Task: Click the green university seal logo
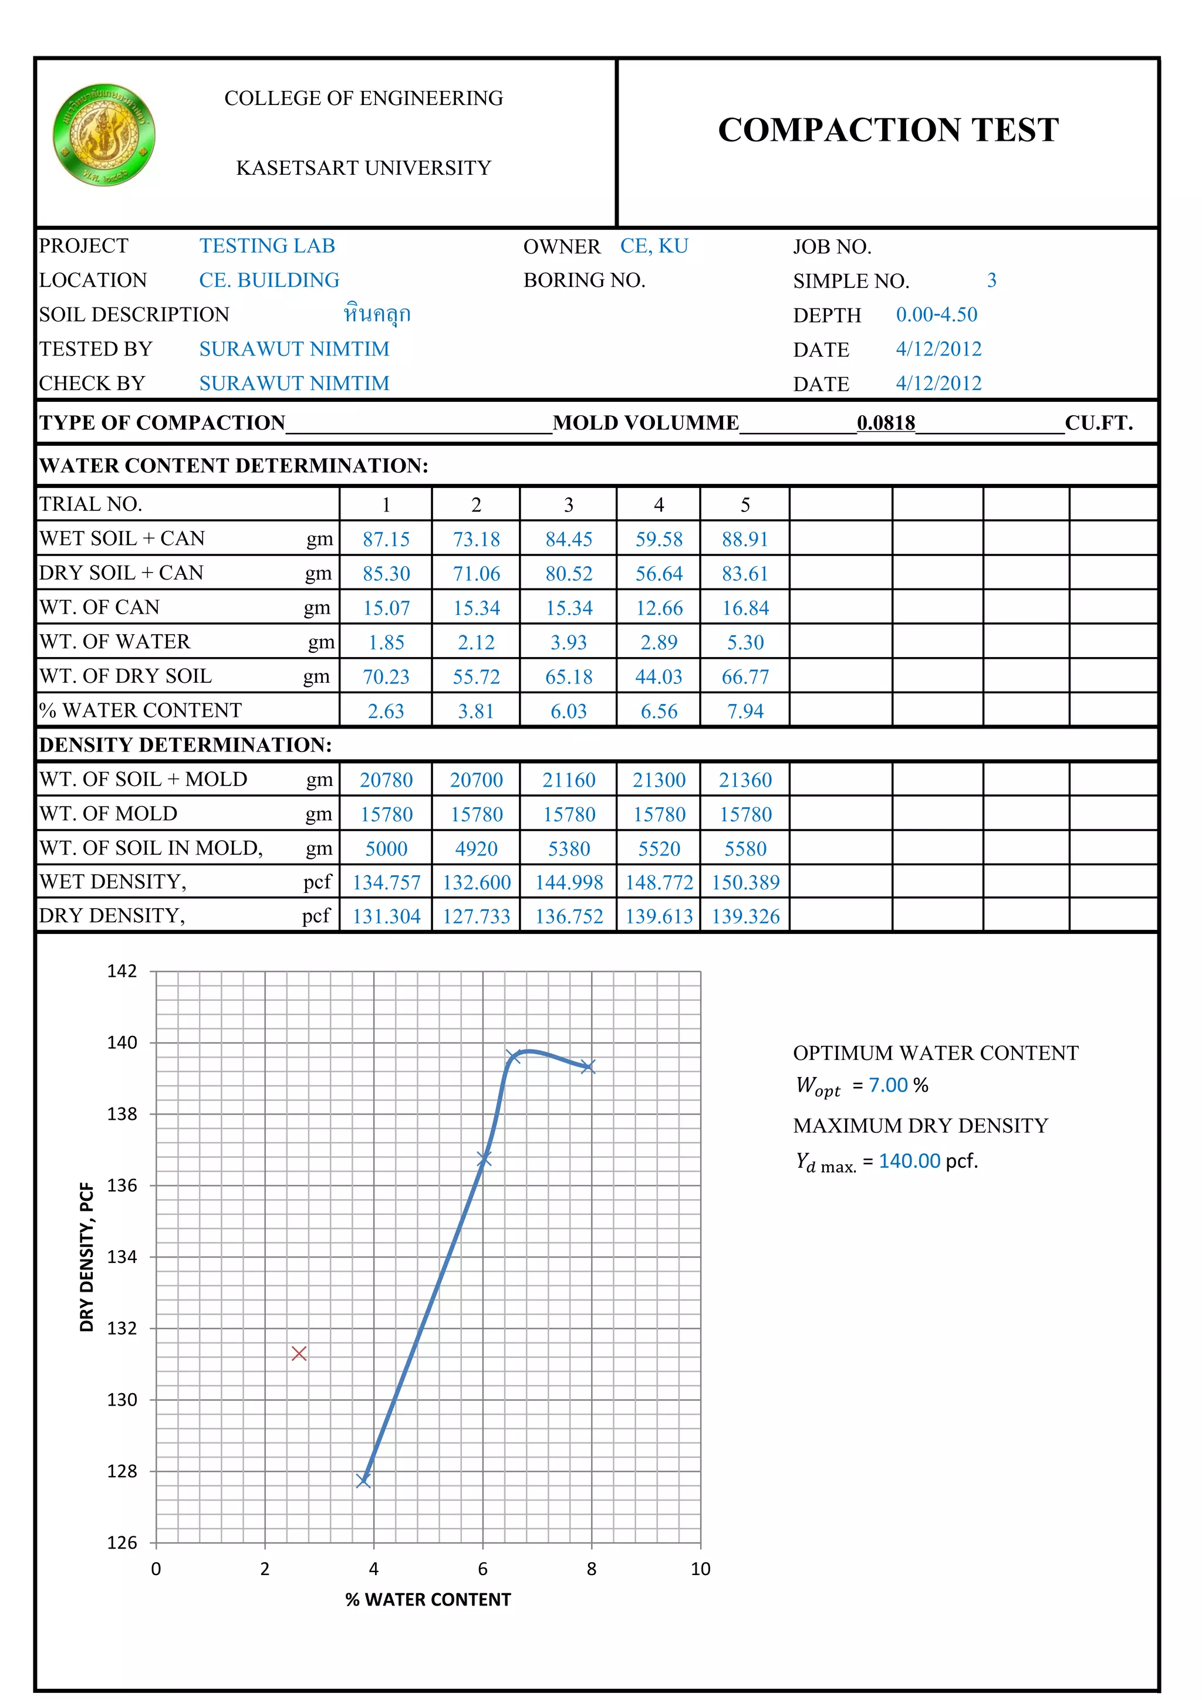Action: click(x=104, y=135)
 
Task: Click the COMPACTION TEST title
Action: click(x=888, y=130)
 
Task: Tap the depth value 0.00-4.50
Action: click(x=936, y=314)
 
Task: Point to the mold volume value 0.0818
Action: click(x=886, y=423)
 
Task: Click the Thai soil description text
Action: click(x=377, y=314)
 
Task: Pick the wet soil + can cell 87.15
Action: click(x=386, y=539)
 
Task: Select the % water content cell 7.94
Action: click(x=745, y=711)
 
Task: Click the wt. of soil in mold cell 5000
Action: click(x=386, y=848)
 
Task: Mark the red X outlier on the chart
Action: click(x=299, y=1353)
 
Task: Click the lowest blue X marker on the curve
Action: click(x=363, y=1480)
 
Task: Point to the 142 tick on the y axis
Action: click(x=122, y=971)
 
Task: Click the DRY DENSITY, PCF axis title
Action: click(x=87, y=1257)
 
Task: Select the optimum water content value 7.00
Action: click(x=888, y=1085)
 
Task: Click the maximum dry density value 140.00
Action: click(x=910, y=1161)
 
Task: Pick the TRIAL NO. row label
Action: click(x=90, y=504)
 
